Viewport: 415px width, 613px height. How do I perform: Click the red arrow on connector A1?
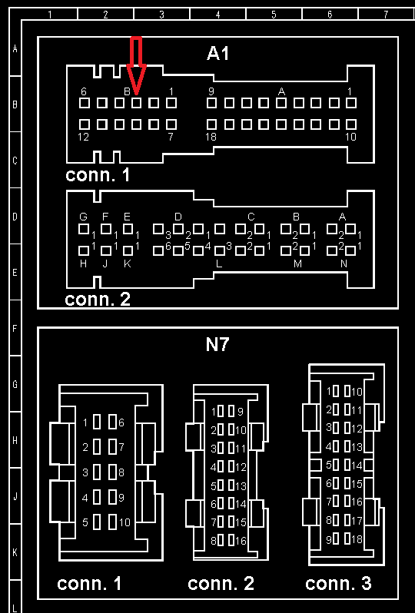pyautogui.click(x=136, y=67)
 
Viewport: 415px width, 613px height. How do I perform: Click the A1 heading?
pyautogui.click(x=217, y=53)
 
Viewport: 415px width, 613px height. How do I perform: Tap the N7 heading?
pyautogui.click(x=217, y=344)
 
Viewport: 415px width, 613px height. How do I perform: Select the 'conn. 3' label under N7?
pyautogui.click(x=338, y=583)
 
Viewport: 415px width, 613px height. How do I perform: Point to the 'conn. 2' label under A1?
pyautogui.click(x=98, y=299)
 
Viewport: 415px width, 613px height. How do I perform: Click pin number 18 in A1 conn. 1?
pyautogui.click(x=211, y=137)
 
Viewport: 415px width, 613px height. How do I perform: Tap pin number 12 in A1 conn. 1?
pyautogui.click(x=83, y=137)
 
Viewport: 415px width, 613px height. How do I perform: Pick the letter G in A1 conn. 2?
pyautogui.click(x=83, y=217)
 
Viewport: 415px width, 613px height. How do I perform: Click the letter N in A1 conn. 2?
pyautogui.click(x=344, y=264)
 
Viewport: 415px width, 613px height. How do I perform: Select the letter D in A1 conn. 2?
pyautogui.click(x=178, y=217)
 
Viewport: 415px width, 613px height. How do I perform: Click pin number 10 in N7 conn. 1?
pyautogui.click(x=124, y=522)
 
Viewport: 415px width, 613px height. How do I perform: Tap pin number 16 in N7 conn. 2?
pyautogui.click(x=241, y=541)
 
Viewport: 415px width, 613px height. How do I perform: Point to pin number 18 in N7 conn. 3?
pyautogui.click(x=357, y=539)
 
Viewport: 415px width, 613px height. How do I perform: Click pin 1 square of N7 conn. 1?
pyautogui.click(x=97, y=422)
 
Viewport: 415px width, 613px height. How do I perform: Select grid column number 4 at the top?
pyautogui.click(x=217, y=15)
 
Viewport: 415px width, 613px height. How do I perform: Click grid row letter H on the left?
pyautogui.click(x=15, y=441)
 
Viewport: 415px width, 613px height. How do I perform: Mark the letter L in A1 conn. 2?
pyautogui.click(x=219, y=264)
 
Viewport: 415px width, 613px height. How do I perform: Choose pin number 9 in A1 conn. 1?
pyautogui.click(x=211, y=92)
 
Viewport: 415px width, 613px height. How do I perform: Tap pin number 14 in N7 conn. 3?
pyautogui.click(x=357, y=466)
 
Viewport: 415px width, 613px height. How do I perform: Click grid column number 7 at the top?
pyautogui.click(x=386, y=15)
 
